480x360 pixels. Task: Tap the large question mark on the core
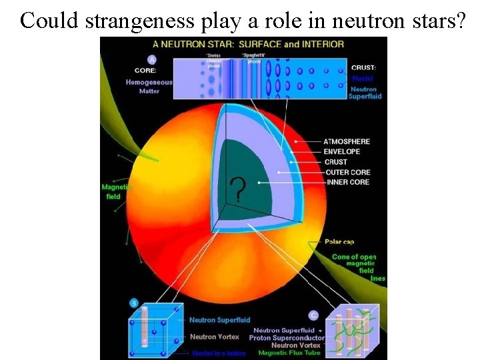coord(236,190)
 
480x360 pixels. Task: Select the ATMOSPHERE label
coord(347,141)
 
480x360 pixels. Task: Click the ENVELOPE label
coord(342,151)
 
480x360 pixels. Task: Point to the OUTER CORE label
coord(347,172)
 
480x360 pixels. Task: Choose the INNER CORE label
coord(348,182)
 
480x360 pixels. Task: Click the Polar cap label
coord(343,241)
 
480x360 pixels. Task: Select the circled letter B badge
coord(134,304)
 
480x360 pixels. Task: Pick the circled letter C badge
coord(313,315)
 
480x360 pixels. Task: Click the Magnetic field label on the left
coord(114,192)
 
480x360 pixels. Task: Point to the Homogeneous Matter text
coord(149,87)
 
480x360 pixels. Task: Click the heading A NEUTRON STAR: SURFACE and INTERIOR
coord(249,44)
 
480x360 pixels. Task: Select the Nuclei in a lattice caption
coord(219,353)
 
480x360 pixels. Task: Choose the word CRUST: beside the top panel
coord(363,67)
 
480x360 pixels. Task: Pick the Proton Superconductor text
coord(286,338)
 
